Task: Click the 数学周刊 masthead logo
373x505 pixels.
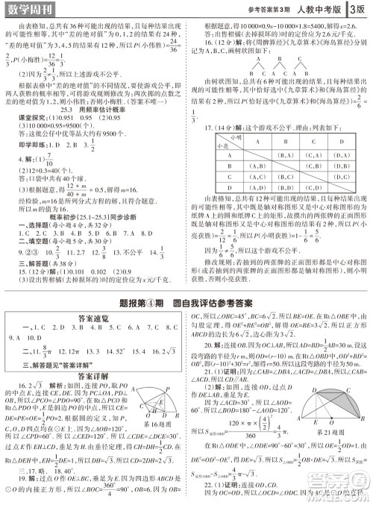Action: click(x=29, y=10)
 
